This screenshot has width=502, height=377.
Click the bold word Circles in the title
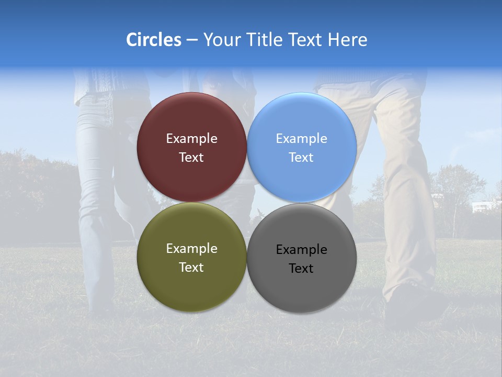pyautogui.click(x=153, y=40)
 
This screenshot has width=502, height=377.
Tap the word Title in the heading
pyautogui.click(x=267, y=40)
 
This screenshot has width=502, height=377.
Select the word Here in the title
pyautogui.click(x=347, y=40)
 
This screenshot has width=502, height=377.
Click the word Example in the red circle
pyautogui.click(x=191, y=139)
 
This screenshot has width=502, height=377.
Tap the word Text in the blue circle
pyautogui.click(x=301, y=158)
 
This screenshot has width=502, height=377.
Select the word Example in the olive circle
pyautogui.click(x=191, y=249)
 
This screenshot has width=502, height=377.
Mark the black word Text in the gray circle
pyautogui.click(x=301, y=269)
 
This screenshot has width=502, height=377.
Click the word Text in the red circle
pyautogui.click(x=191, y=158)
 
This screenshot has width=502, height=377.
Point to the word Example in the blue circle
pyautogui.click(x=301, y=139)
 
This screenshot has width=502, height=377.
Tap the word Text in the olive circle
pyautogui.click(x=191, y=268)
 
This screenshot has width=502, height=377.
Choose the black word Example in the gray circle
pyautogui.click(x=301, y=250)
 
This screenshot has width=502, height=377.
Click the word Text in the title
pyautogui.click(x=306, y=40)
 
